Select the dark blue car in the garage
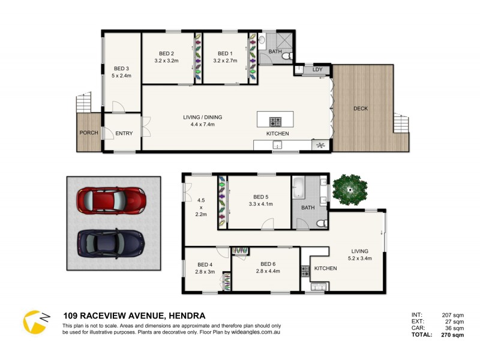[x=111, y=242]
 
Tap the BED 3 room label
[x=121, y=68]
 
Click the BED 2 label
[x=166, y=52]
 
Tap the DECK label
[x=361, y=109]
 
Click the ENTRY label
[x=124, y=133]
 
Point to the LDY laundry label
[x=317, y=70]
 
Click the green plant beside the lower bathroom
[x=349, y=188]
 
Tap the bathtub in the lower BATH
[x=300, y=191]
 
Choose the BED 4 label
[x=205, y=264]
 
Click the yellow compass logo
[x=35, y=321]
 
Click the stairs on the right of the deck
[x=400, y=124]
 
